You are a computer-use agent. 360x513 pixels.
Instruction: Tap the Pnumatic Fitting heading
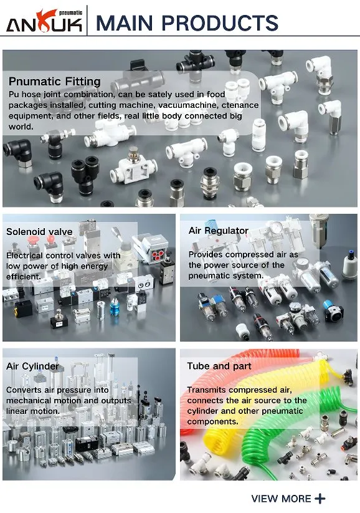[54, 81]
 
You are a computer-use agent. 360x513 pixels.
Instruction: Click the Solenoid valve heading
[39, 231]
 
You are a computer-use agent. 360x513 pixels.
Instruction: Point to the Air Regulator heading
[219, 231]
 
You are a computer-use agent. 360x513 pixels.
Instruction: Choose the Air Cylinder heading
[32, 366]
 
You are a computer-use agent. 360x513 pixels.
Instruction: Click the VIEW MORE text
[281, 499]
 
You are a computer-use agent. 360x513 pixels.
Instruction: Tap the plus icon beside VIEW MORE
[320, 499]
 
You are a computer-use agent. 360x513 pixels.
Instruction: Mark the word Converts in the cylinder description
[25, 390]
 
